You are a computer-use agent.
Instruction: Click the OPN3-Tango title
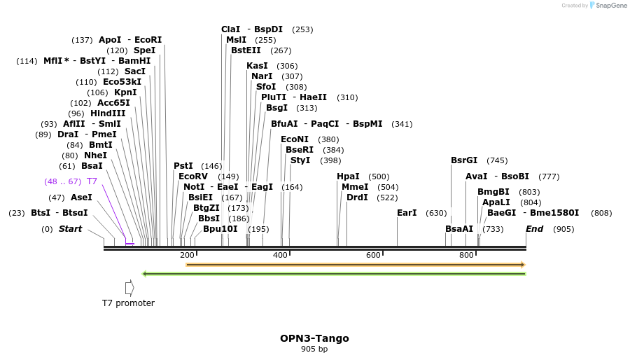point(314,338)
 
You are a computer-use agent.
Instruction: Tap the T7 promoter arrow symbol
point(129,288)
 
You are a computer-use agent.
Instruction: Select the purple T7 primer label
point(92,181)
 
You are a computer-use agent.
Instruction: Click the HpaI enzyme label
point(348,176)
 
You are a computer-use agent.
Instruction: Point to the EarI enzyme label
point(407,213)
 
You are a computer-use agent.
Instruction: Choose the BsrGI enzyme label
point(464,160)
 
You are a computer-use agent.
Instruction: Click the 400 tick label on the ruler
point(280,255)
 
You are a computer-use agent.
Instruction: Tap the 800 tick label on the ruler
point(466,255)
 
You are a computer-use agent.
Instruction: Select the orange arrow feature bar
point(355,265)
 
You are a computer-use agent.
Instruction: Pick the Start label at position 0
point(70,229)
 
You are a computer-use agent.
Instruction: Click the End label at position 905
point(534,229)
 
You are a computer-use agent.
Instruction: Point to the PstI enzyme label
point(183,166)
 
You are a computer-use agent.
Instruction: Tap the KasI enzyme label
point(257,66)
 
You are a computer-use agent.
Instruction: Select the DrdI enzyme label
point(357,198)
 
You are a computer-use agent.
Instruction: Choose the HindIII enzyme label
point(108,113)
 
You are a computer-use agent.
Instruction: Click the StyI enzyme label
point(300,160)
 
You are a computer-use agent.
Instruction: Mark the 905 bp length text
point(314,349)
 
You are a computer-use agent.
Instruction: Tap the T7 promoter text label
point(128,303)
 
